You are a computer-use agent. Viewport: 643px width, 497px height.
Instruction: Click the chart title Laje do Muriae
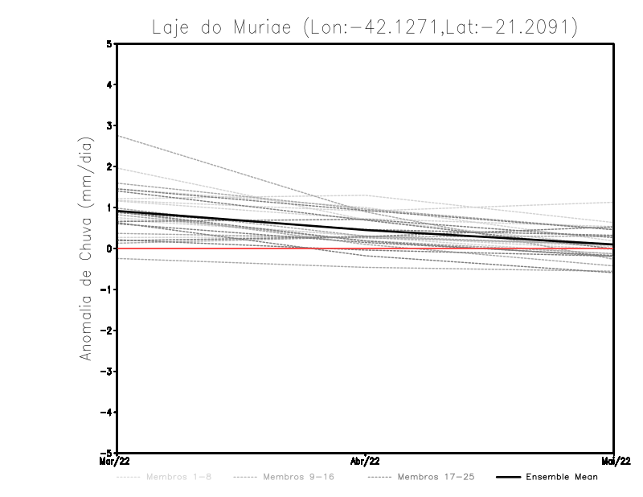[x=364, y=27]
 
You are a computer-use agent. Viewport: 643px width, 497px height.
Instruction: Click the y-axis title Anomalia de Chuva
[x=84, y=249]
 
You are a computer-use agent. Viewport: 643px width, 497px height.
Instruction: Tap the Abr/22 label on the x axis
[x=366, y=461]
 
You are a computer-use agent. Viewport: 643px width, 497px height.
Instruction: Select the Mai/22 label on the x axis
[x=614, y=461]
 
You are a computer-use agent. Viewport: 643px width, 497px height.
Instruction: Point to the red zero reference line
[x=241, y=249]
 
